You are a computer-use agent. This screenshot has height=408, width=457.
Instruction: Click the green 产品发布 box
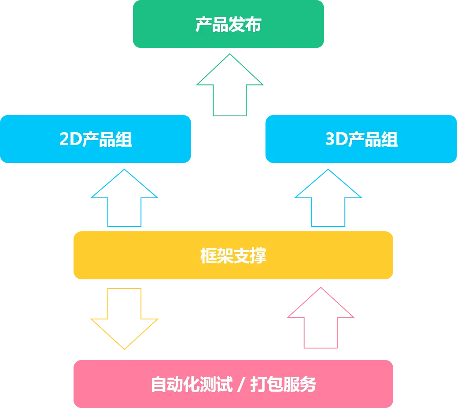pos(228,24)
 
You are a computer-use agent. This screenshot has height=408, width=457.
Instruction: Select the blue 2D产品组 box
pos(96,139)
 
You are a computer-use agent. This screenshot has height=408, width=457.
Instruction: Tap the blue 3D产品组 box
pos(361,139)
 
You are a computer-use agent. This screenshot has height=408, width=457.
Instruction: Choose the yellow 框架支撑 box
pos(233,256)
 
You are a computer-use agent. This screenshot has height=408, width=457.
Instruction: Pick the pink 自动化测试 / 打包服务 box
pos(233,384)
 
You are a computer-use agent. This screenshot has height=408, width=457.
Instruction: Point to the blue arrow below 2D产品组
pos(125,200)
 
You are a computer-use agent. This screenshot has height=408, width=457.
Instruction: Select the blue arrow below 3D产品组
pos(328,200)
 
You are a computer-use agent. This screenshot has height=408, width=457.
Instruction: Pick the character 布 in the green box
pos(253,25)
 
